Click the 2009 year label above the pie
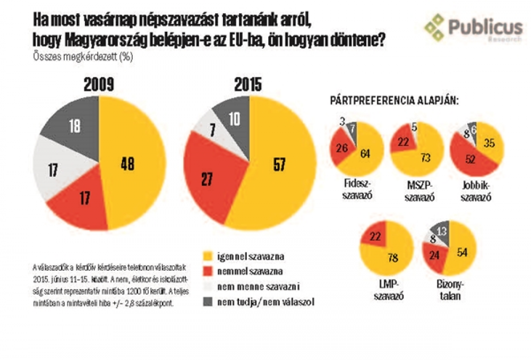(98, 85)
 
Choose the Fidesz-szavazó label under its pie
(356, 188)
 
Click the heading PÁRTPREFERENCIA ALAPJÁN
(395, 100)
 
